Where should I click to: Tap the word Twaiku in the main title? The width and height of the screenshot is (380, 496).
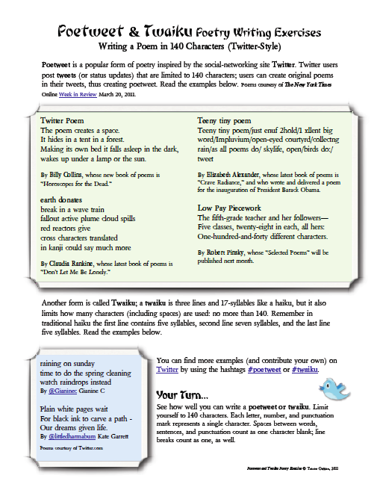point(167,31)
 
